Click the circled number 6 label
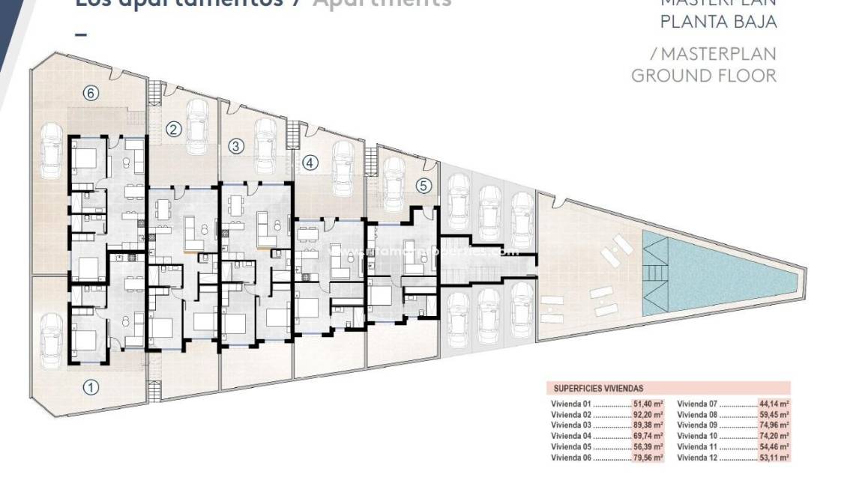click(x=90, y=93)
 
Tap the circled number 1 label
click(x=90, y=387)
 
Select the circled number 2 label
click(x=174, y=129)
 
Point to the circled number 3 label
click(x=235, y=146)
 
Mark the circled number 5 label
click(x=424, y=186)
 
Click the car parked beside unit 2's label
click(x=199, y=124)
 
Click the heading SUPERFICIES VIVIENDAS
click(x=598, y=389)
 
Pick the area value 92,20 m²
click(x=648, y=414)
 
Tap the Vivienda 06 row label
click(x=571, y=457)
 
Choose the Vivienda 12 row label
click(x=698, y=457)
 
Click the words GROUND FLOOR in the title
click(x=704, y=75)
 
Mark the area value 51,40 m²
click(x=648, y=404)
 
